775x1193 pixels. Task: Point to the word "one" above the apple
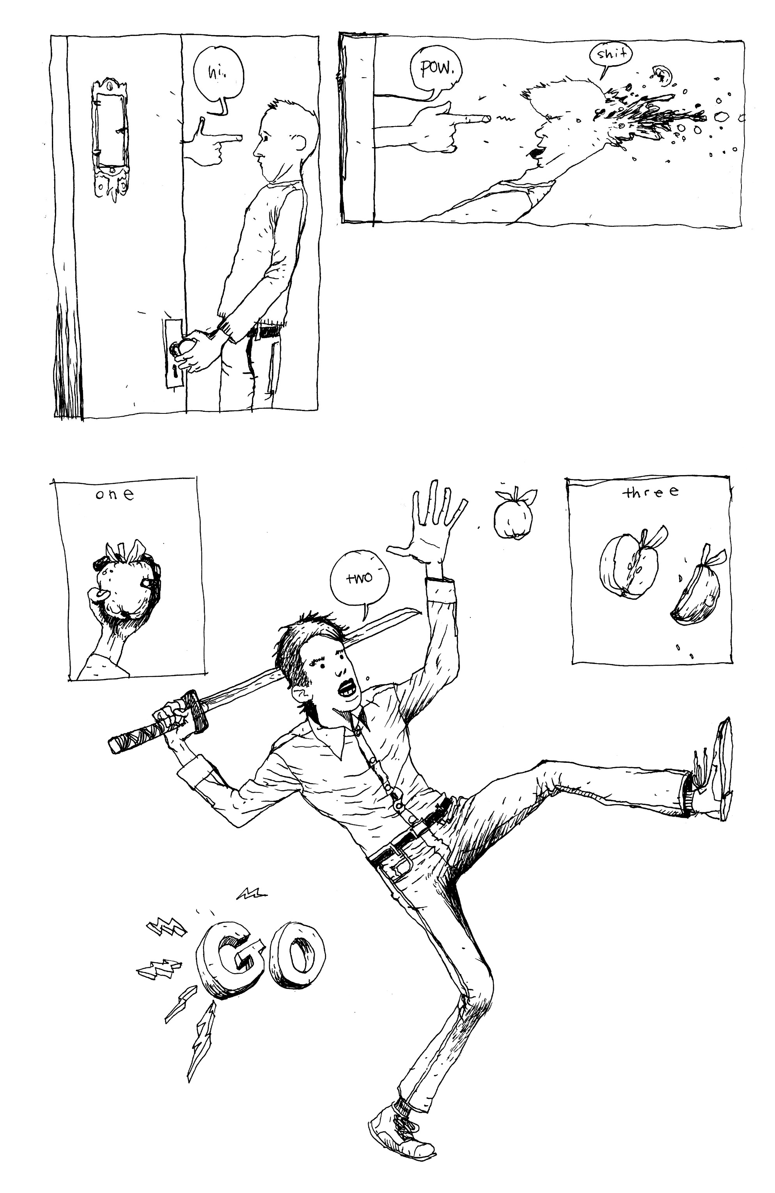click(x=115, y=495)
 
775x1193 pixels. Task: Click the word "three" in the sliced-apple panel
click(x=650, y=492)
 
